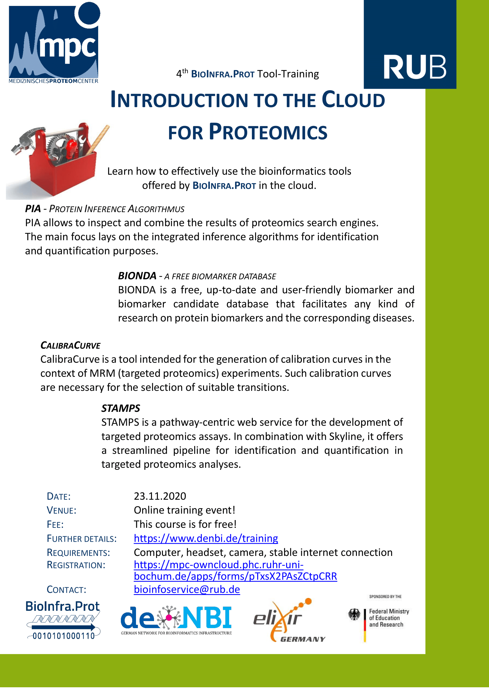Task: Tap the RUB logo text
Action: coord(414,67)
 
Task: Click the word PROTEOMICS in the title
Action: coord(268,133)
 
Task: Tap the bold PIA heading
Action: coord(33,209)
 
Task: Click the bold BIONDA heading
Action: coord(137,276)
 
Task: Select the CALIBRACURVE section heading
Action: coord(70,345)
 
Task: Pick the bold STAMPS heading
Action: coord(120,408)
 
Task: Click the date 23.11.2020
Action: coord(160,496)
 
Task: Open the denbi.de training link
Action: coord(206,538)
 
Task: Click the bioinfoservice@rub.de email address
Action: coord(187,589)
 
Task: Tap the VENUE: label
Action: coord(61,510)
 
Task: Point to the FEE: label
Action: coord(55,525)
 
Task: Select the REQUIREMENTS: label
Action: coord(78,552)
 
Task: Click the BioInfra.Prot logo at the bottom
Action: coord(63,619)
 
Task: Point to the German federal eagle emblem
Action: coord(354,614)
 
